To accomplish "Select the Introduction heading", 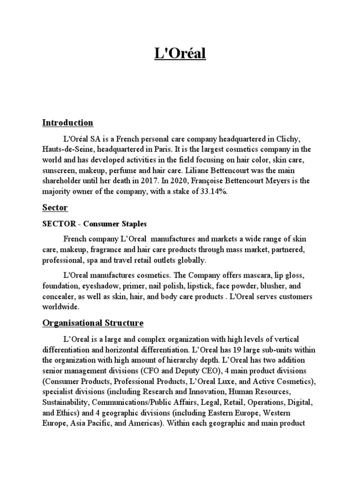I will click(x=67, y=123).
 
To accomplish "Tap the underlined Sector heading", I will click(x=55, y=207).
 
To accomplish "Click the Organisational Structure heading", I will click(x=93, y=323).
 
